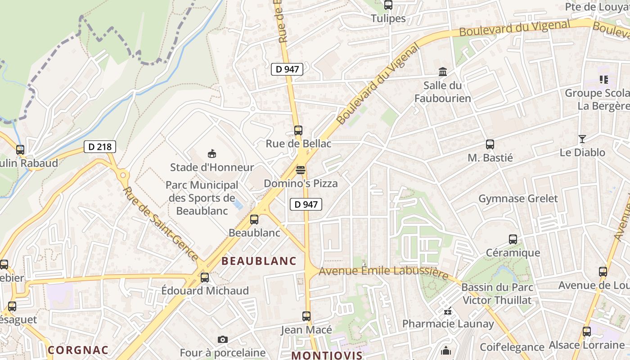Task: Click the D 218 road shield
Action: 100,147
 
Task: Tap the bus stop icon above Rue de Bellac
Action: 298,130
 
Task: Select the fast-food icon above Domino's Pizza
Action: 301,170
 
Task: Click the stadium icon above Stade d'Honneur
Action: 211,154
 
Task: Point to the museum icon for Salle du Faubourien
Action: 443,72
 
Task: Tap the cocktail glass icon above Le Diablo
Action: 582,139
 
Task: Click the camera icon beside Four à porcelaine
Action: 222,339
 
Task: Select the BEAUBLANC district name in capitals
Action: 259,261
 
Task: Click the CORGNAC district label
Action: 78,350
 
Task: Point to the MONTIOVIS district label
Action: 327,355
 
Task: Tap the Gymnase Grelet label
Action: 518,198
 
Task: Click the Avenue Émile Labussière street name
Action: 383,271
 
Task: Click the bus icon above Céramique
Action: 513,239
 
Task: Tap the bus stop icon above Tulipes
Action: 388,5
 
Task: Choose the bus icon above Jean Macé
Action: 306,316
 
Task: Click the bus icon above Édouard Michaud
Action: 205,278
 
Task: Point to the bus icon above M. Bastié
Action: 490,144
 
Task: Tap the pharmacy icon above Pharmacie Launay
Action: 448,310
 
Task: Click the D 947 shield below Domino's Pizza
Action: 306,204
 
